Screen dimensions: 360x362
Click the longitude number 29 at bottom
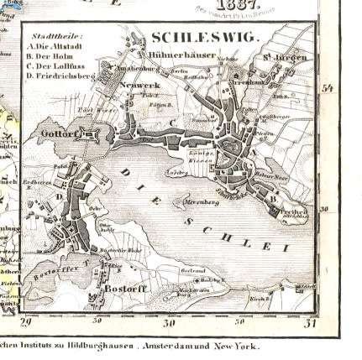tap(24, 321)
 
